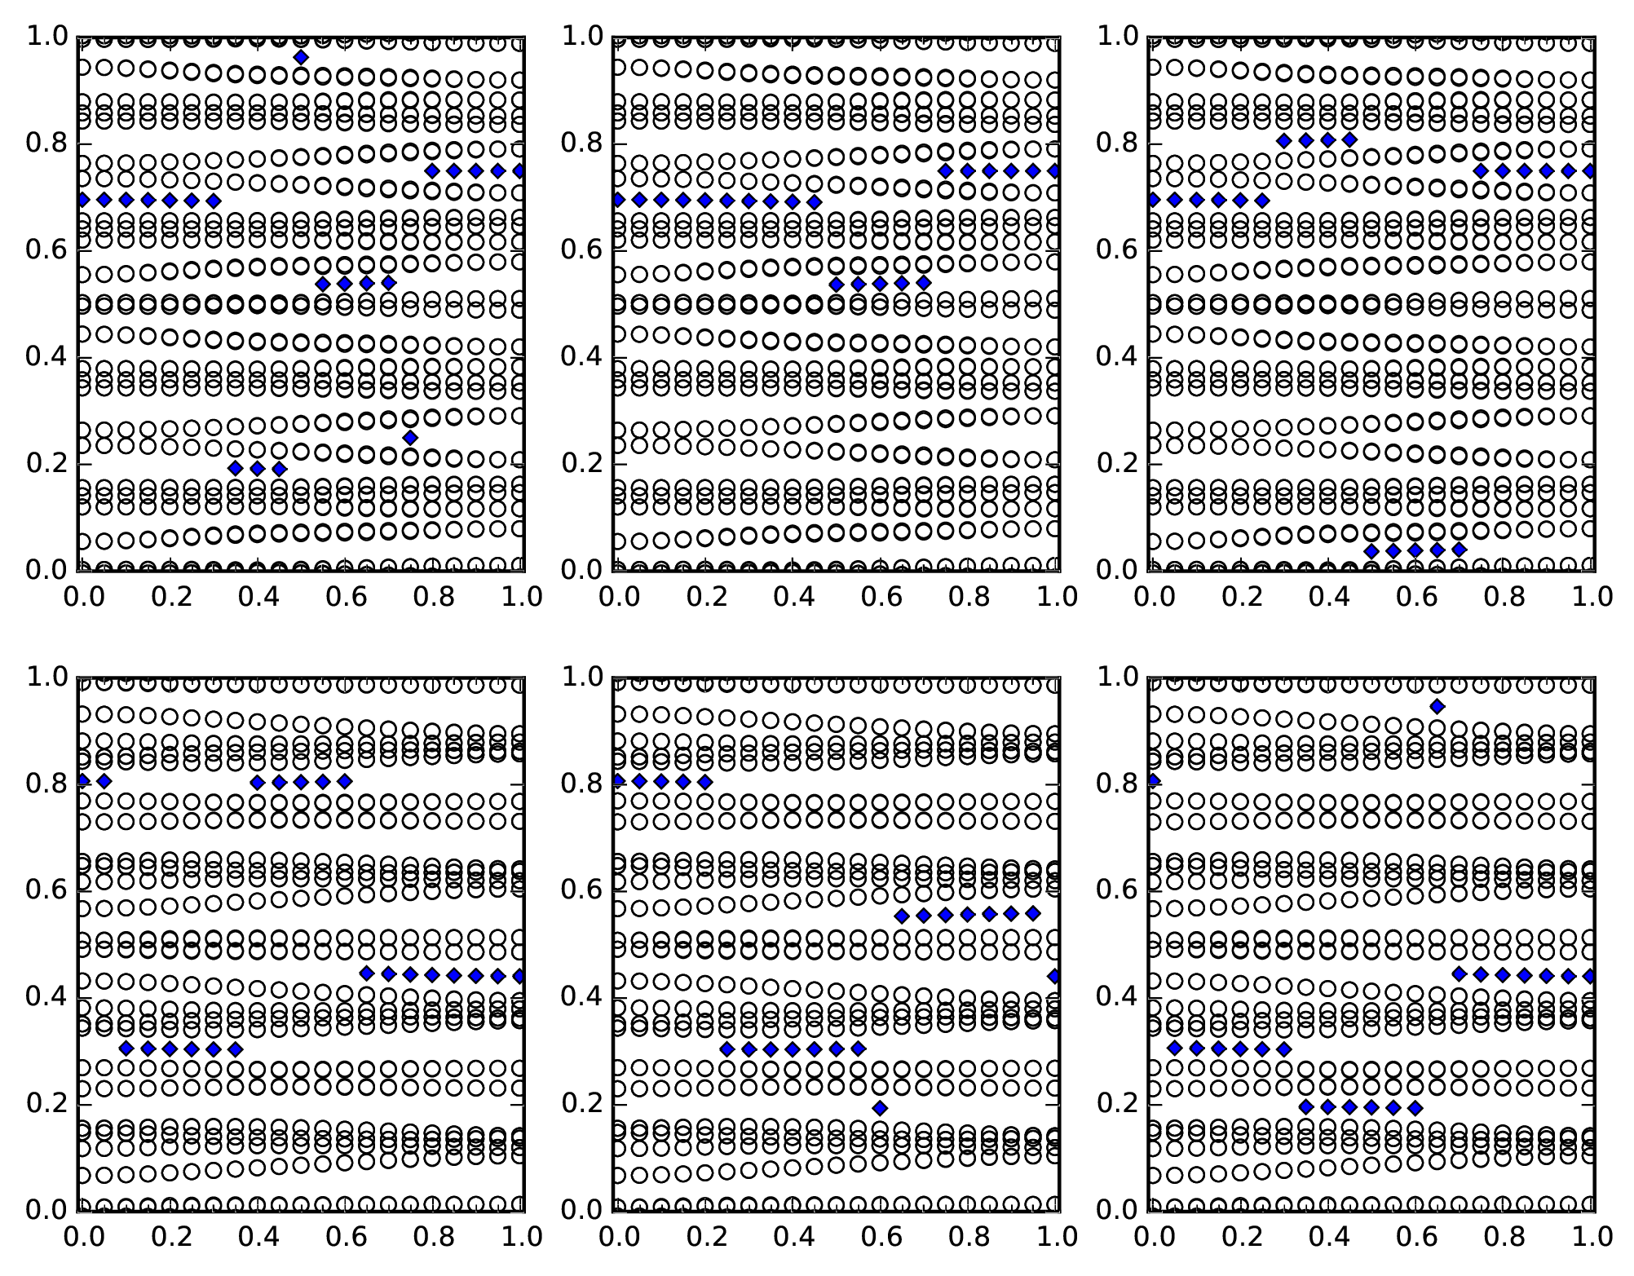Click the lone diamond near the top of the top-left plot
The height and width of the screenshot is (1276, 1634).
point(301,57)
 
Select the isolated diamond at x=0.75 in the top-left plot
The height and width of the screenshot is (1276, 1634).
point(410,438)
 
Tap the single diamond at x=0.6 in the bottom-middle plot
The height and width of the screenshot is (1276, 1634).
point(880,1107)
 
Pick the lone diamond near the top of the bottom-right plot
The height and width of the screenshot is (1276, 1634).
point(1437,706)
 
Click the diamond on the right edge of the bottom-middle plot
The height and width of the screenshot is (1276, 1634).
point(1054,976)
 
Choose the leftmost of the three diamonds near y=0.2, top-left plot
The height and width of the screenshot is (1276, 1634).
point(236,468)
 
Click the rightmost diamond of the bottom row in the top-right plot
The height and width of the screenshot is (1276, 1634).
point(1460,550)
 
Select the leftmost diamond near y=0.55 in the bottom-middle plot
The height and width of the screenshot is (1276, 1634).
point(902,916)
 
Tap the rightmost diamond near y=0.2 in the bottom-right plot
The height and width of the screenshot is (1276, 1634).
point(1415,1107)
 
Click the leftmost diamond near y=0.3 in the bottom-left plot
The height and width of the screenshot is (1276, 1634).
point(126,1049)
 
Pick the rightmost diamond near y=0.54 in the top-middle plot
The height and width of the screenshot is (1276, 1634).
point(924,283)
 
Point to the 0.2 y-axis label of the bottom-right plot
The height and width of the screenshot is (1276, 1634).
point(1118,1103)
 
